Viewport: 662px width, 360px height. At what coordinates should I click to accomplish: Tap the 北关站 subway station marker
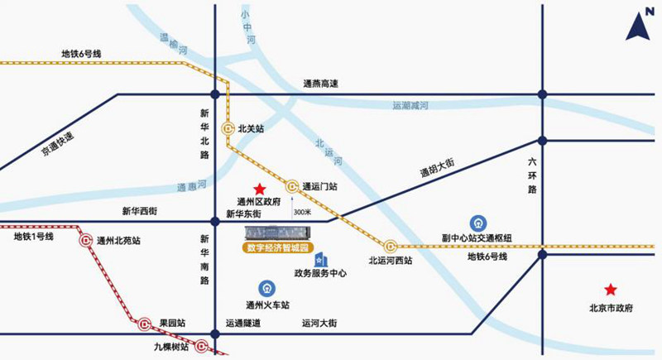click(x=228, y=129)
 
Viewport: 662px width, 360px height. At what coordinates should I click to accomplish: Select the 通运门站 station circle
click(x=292, y=186)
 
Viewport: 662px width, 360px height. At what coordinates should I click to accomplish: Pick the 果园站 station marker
click(x=144, y=323)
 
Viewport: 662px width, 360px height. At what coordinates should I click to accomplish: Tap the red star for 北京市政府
click(x=610, y=290)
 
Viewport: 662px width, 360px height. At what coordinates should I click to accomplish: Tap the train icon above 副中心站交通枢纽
click(x=477, y=223)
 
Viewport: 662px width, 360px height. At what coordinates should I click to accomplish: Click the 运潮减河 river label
click(x=410, y=106)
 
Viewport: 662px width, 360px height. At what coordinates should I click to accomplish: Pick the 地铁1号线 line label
click(x=33, y=237)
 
